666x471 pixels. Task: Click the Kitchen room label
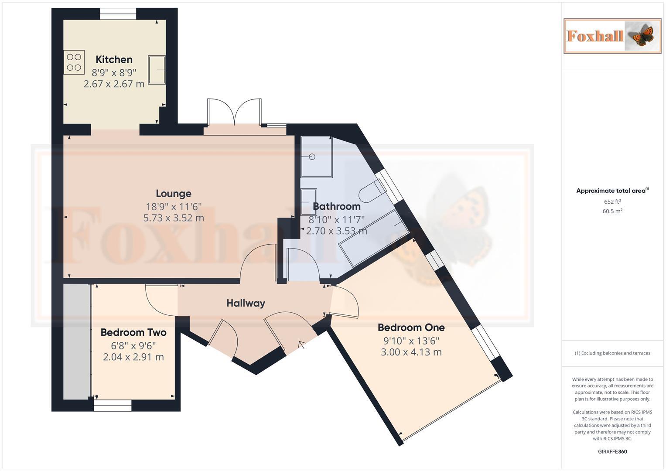pos(114,59)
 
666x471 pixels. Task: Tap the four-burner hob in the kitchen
pos(74,61)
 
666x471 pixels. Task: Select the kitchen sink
pos(157,69)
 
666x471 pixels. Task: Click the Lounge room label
pos(174,193)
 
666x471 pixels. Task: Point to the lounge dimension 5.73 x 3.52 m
pos(174,218)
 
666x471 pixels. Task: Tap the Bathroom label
pos(337,206)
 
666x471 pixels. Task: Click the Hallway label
pos(246,303)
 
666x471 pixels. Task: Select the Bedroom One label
pos(411,327)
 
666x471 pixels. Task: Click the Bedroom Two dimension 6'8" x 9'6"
pos(133,345)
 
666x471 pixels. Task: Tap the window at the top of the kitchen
pos(117,14)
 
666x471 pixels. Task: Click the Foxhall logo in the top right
pos(612,36)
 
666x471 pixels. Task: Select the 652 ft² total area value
pos(612,201)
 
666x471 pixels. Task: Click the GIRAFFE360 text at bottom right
pos(612,451)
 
